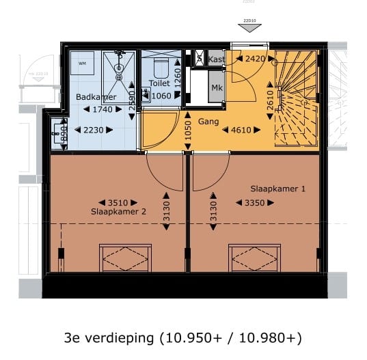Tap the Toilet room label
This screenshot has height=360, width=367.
pos(159,83)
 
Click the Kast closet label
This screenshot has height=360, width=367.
pos(216,59)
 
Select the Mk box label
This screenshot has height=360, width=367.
pos(215,89)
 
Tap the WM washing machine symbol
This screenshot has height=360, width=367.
pos(83,63)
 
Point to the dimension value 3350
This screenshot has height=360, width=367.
pos(249,202)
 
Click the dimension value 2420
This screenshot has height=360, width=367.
pos(254,59)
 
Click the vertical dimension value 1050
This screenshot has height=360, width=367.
pos(187,131)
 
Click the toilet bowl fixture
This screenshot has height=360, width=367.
pos(161,67)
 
